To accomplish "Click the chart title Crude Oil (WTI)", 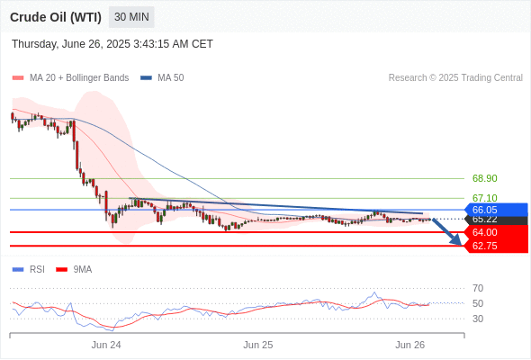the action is [56, 17].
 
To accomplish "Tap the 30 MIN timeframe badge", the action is [131, 17].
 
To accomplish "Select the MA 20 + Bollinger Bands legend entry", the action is [70, 78].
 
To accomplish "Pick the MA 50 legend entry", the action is [162, 78].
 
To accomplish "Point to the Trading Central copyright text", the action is [455, 78].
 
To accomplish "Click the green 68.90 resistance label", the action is [484, 178].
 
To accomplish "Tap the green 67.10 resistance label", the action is [484, 198].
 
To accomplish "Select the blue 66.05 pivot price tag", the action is [496, 210].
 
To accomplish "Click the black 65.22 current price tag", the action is [496, 220].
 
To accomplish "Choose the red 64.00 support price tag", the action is [496, 232].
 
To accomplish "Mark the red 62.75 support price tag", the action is [496, 246].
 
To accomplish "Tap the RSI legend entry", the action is [29, 270].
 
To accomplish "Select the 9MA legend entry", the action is [74, 270].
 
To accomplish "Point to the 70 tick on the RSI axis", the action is [478, 289].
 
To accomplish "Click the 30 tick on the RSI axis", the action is [478, 319].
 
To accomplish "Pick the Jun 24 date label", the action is [106, 345].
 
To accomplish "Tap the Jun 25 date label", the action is [258, 345].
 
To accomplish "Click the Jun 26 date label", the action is [409, 345].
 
